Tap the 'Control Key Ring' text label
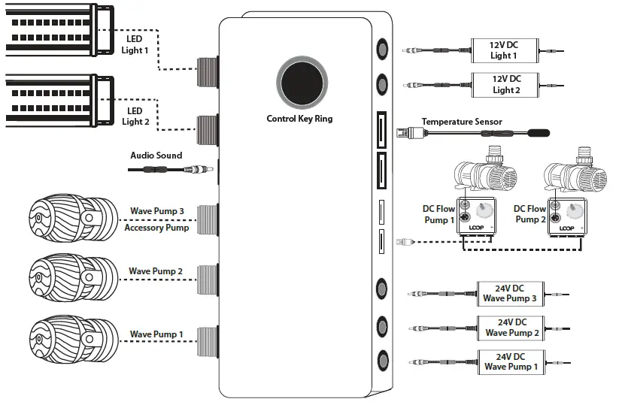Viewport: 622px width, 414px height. pyautogui.click(x=299, y=119)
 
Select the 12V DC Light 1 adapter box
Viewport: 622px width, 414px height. pyautogui.click(x=504, y=50)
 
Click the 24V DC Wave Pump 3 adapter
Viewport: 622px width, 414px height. pyautogui.click(x=510, y=293)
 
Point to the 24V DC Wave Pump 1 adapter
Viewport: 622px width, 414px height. pyautogui.click(x=510, y=361)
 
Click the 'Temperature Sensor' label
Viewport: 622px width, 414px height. pyautogui.click(x=462, y=122)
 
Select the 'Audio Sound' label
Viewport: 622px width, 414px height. pyautogui.click(x=156, y=155)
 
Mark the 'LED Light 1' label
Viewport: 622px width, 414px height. pyautogui.click(x=135, y=44)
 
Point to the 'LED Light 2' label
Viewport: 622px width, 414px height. pyautogui.click(x=135, y=116)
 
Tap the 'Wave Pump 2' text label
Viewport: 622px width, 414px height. pyautogui.click(x=156, y=271)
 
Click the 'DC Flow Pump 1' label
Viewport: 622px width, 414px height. pyautogui.click(x=440, y=214)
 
